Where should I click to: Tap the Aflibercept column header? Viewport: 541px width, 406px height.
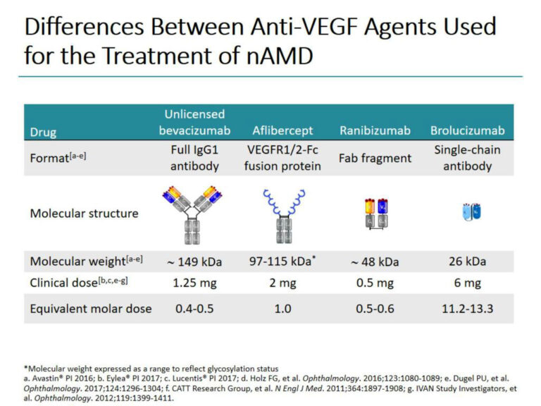click(282, 131)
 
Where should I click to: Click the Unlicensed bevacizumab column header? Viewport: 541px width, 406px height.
click(194, 123)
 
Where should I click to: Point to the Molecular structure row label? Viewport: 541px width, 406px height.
click(84, 213)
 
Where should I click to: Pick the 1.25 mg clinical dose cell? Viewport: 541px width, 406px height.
click(194, 283)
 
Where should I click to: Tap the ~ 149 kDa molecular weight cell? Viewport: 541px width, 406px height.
click(194, 262)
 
